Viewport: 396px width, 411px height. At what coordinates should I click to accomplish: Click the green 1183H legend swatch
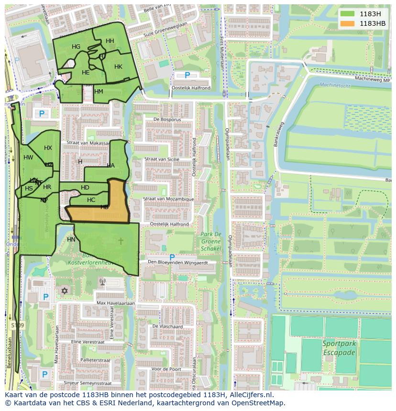coord(347,14)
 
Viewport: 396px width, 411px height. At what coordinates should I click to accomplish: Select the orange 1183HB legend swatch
coord(347,23)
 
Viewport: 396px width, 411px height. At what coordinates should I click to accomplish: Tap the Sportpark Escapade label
coord(339,348)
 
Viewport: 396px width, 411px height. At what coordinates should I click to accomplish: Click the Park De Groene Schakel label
coord(210,241)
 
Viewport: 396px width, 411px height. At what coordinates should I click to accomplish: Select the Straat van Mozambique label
coord(169,199)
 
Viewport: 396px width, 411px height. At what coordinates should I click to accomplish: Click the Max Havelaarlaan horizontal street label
coord(116,303)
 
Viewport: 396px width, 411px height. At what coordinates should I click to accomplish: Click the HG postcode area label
coord(76,47)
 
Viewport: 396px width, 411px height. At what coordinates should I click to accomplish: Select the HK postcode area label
coord(118,67)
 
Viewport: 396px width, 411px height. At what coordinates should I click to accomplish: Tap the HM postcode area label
coord(99,92)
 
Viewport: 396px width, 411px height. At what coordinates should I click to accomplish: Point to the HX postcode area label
coord(48,148)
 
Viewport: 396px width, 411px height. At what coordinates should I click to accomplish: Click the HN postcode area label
coord(71,240)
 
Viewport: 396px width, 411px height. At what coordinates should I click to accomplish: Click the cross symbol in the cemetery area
coord(121,241)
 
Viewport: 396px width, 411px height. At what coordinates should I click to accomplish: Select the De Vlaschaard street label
coord(167,327)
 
